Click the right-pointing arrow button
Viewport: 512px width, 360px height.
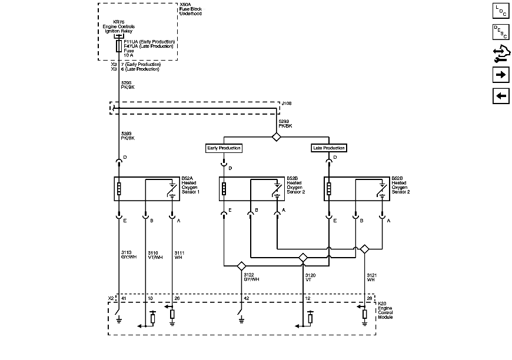[x=500, y=75]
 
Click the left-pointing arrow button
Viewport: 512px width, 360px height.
[x=500, y=96]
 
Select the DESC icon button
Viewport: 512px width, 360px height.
[x=500, y=32]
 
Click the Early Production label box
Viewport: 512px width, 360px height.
[x=224, y=148]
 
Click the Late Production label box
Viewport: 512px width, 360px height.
[x=328, y=148]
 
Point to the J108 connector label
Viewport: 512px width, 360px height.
[x=287, y=103]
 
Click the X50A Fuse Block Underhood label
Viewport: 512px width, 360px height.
[x=190, y=8]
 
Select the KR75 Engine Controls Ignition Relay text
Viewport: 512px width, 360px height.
[x=119, y=26]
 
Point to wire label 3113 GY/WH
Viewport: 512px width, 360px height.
[x=128, y=255]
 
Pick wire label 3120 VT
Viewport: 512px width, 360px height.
[x=310, y=277]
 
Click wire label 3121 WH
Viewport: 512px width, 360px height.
[x=371, y=277]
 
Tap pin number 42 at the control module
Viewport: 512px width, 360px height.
[x=246, y=299]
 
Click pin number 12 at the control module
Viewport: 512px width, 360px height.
[x=307, y=299]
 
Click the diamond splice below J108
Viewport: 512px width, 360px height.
[x=276, y=137]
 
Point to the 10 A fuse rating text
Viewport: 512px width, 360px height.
[x=128, y=55]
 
